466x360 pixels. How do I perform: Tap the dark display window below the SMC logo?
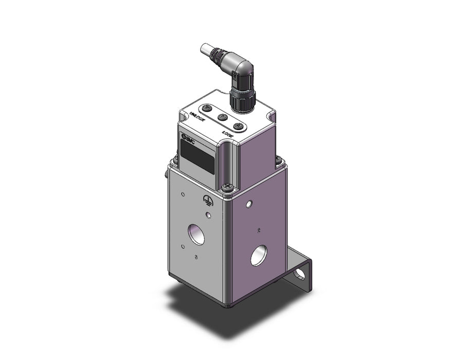click(x=197, y=157)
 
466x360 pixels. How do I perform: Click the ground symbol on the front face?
click(x=208, y=201)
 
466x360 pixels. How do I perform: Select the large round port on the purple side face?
click(x=259, y=255)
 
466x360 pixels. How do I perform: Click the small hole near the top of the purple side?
click(x=249, y=204)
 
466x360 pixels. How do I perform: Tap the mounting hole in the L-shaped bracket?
click(x=300, y=274)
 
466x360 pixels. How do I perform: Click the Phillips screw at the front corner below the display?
click(x=226, y=188)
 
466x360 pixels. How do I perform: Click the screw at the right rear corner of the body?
click(x=278, y=161)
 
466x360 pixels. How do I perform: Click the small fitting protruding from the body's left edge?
click(x=166, y=173)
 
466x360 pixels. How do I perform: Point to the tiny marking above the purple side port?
click(x=259, y=230)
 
